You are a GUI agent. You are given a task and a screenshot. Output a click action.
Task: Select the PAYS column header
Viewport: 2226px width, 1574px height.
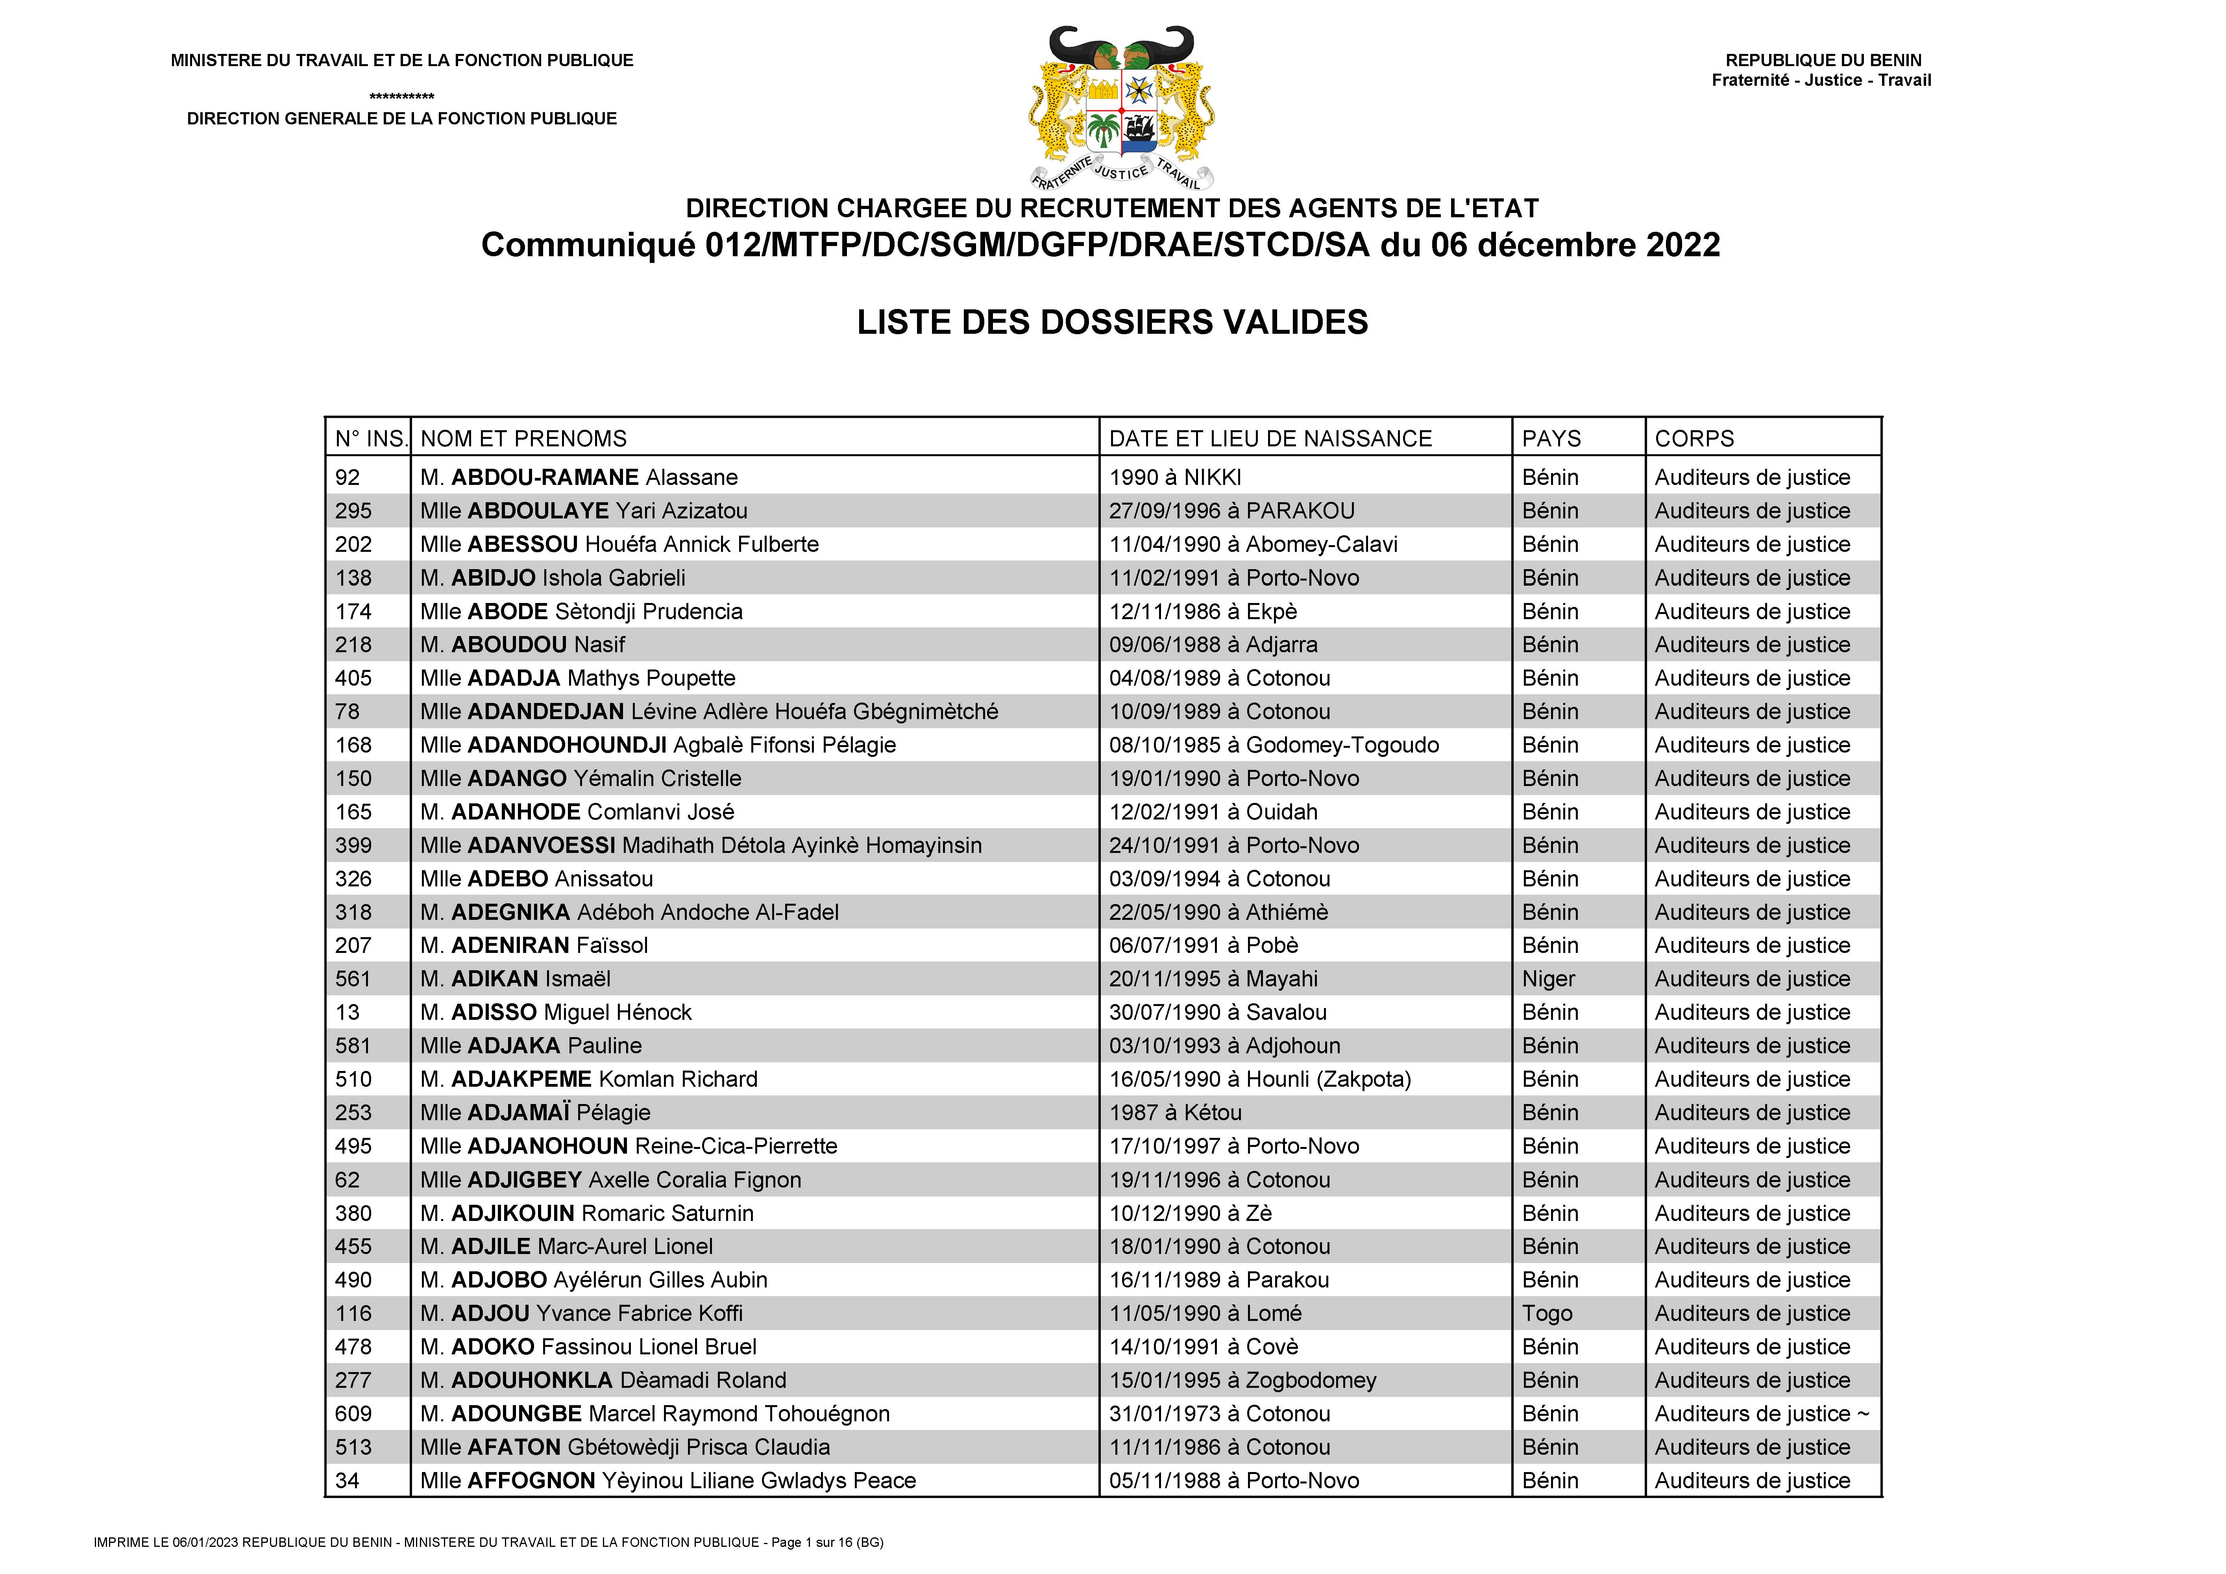[x=1551, y=438]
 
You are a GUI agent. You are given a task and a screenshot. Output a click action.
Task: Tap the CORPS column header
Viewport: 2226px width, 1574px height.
[x=1694, y=438]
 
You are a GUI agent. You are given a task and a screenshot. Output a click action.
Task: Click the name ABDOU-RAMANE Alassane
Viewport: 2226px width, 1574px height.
[x=579, y=477]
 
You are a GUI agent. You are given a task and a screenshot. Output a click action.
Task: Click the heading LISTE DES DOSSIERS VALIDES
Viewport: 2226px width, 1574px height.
[x=1112, y=322]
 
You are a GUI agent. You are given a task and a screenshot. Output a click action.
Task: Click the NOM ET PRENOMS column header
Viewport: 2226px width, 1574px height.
[x=523, y=438]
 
